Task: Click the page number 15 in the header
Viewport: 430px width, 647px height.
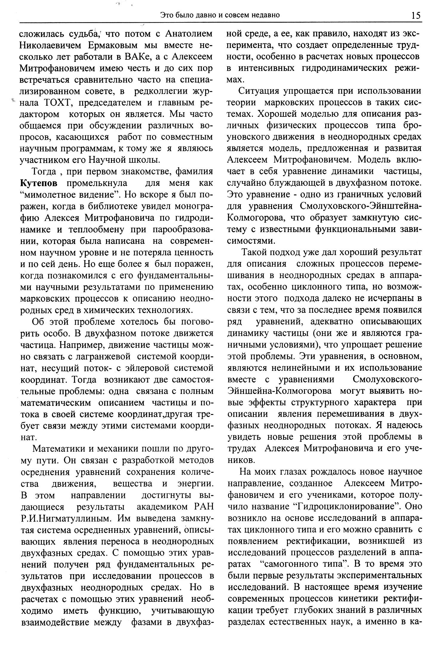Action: [416, 15]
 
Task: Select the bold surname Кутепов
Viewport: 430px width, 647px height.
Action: [39, 183]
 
